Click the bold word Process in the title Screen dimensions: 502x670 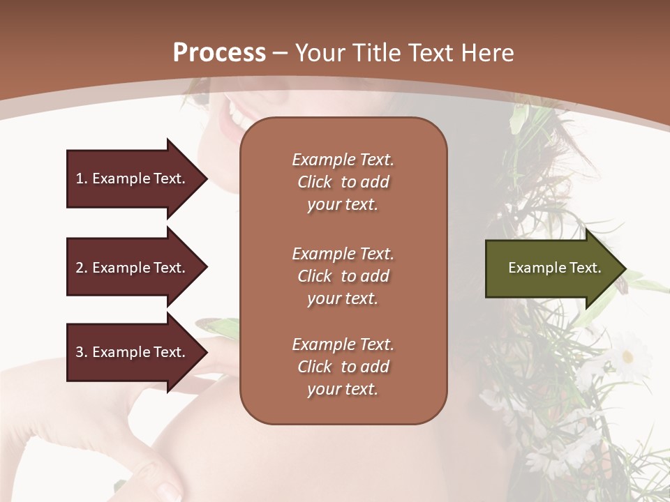(219, 53)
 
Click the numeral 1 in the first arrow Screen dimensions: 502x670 (79, 178)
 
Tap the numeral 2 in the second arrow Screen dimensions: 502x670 (80, 268)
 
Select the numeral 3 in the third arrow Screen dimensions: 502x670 (80, 352)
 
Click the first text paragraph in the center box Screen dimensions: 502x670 (343, 182)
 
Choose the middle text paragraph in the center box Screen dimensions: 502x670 (343, 276)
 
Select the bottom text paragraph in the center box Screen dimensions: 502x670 (343, 367)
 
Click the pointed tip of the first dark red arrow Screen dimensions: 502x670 (206, 178)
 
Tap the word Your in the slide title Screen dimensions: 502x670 (318, 53)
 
